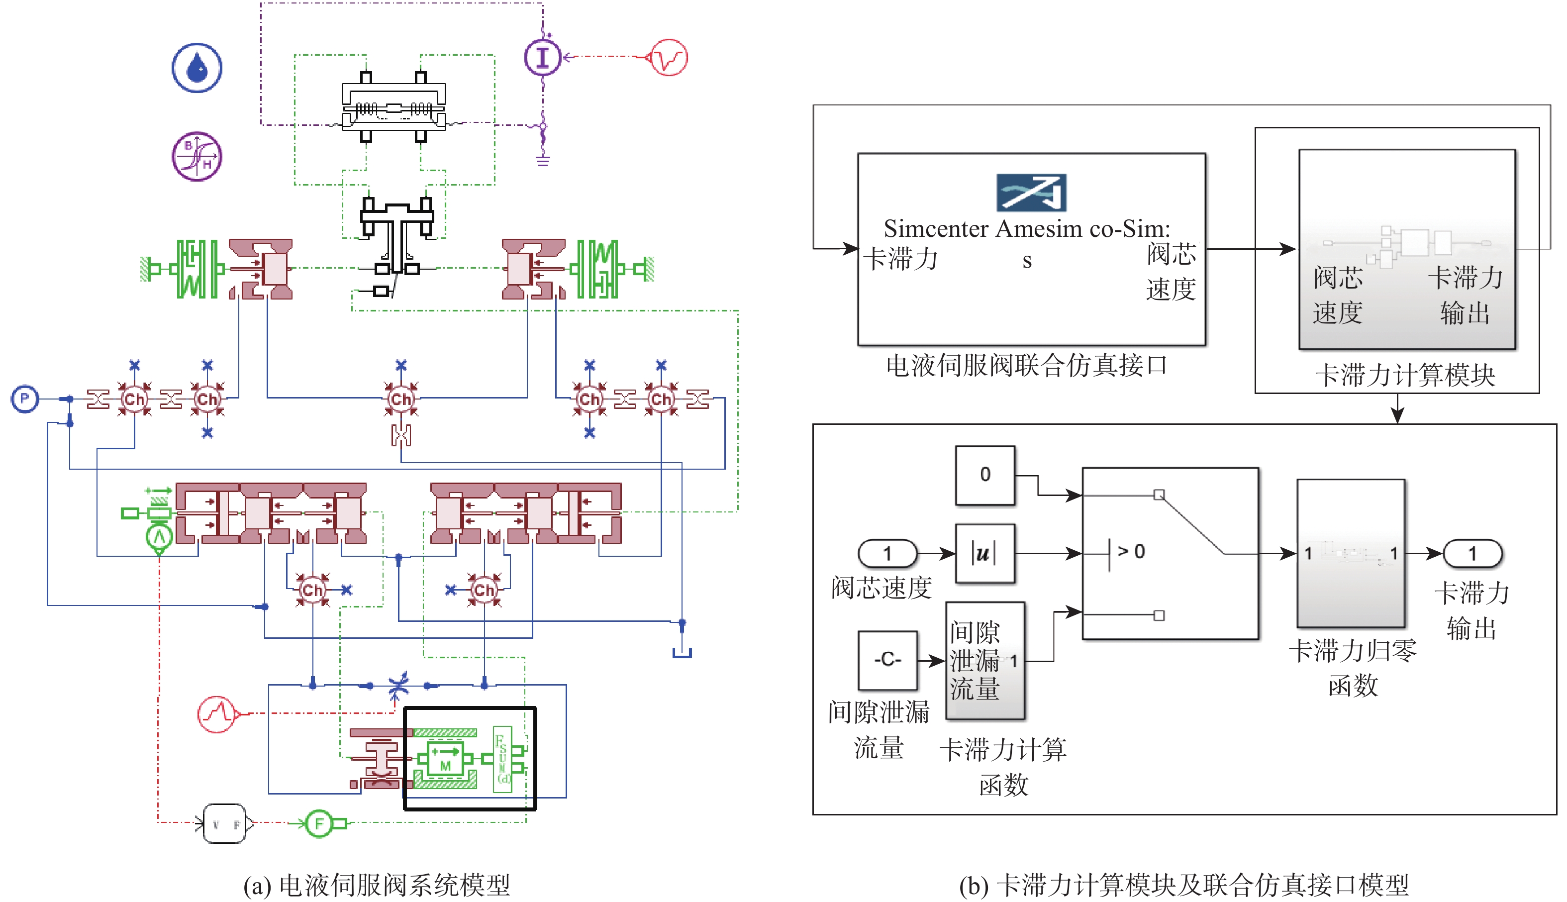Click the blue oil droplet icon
(197, 68)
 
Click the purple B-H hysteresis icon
(197, 156)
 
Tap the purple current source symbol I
(543, 57)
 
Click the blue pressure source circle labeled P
(25, 399)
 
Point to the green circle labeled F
(319, 823)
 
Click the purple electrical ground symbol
(543, 161)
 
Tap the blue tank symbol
(682, 652)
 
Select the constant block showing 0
(985, 475)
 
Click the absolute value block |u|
(985, 553)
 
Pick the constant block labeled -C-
(887, 660)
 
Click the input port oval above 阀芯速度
(887, 553)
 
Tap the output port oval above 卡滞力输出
(1472, 553)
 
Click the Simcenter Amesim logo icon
(1031, 193)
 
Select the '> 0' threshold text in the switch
(1131, 551)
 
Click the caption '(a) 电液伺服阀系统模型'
(377, 885)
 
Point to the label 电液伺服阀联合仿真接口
(1026, 366)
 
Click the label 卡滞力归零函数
(1353, 668)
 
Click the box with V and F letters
(225, 824)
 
